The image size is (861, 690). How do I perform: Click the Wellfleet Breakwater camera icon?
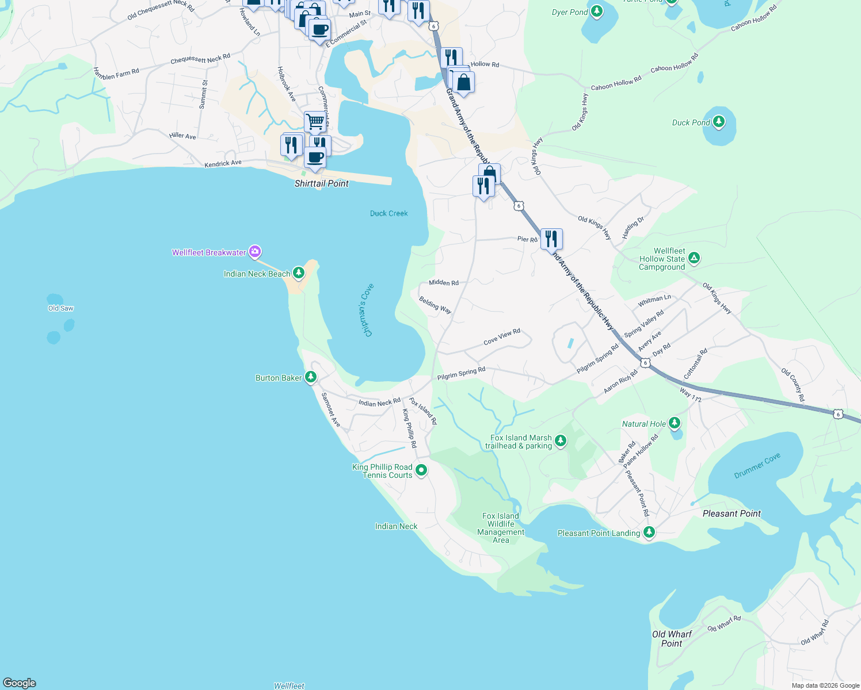255,252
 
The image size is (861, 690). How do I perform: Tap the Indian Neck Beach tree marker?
298,273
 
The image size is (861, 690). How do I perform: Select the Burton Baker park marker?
311,377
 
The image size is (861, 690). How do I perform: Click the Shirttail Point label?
321,183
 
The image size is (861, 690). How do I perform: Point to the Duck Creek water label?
388,213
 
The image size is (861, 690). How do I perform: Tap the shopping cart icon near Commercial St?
315,122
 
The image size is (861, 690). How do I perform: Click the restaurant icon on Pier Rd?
551,238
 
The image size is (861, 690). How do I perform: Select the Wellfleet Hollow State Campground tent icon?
694,258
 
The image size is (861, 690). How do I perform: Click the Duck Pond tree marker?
718,122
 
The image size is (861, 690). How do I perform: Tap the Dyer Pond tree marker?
597,11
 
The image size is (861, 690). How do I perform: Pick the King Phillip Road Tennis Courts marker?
421,470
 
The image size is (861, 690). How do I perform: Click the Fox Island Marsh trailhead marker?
561,441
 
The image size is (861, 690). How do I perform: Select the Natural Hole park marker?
675,423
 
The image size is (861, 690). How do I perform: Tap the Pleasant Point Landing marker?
649,532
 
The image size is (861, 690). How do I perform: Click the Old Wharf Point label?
672,639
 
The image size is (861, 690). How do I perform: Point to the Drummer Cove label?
757,466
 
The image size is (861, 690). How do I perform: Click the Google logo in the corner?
20,683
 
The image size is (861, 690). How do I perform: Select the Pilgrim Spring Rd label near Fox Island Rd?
461,374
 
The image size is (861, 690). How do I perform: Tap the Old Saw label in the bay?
60,308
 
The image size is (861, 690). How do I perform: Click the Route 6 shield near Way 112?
645,363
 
